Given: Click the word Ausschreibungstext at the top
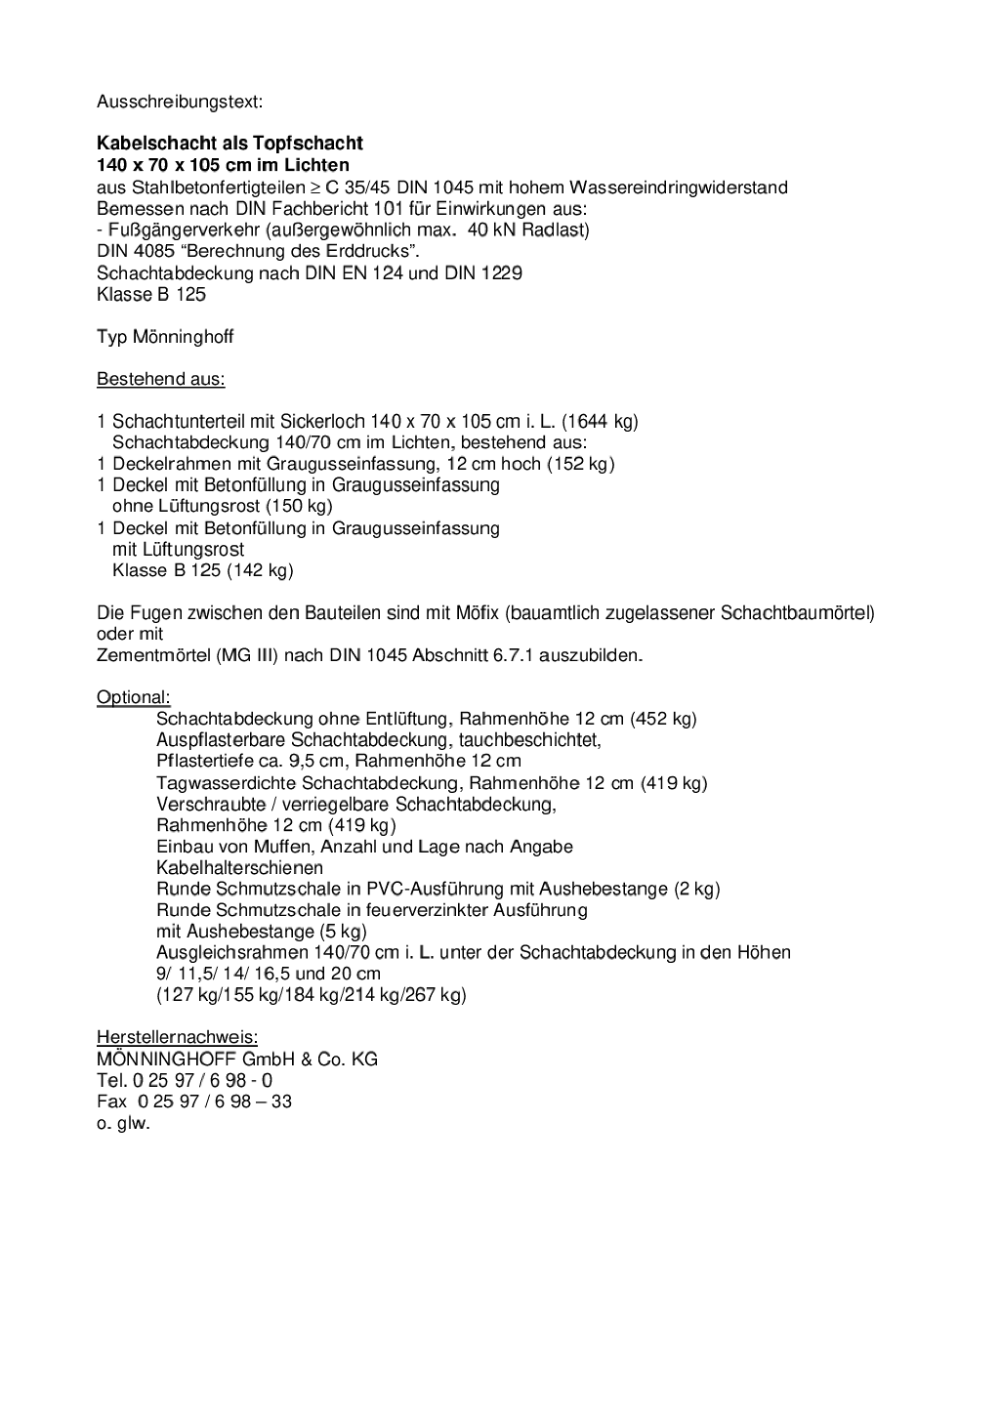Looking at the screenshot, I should [180, 101].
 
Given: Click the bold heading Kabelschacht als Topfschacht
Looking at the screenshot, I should [229, 144].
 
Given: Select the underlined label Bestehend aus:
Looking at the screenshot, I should [160, 379].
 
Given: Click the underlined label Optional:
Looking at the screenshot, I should [133, 697].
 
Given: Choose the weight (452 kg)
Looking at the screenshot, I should [663, 719].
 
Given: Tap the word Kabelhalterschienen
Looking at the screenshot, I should [239, 867].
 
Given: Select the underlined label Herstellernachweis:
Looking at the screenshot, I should [177, 1037].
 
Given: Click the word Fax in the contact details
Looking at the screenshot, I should [111, 1102].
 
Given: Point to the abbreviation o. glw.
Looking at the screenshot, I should [123, 1123].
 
